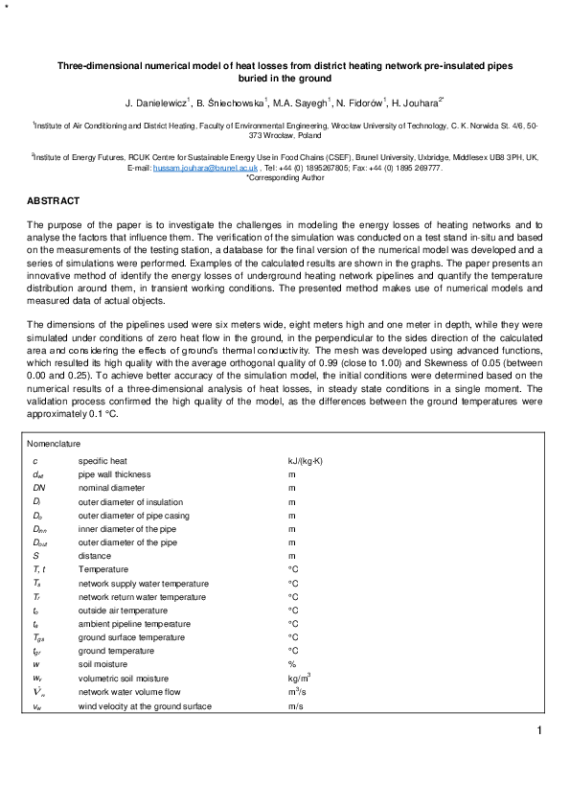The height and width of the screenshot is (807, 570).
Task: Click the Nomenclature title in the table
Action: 55,444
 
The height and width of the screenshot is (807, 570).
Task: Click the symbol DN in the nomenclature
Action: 38,488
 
